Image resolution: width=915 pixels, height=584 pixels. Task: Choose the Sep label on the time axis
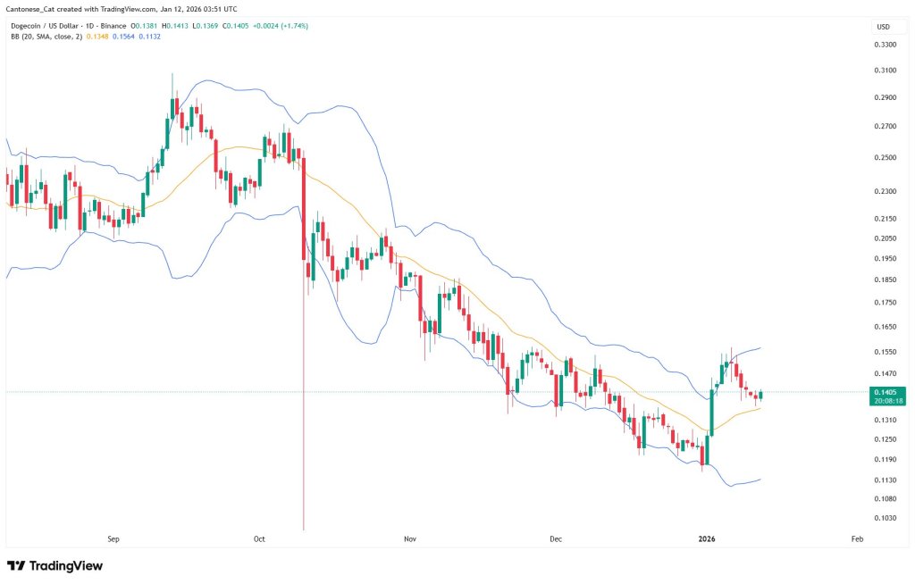(113, 539)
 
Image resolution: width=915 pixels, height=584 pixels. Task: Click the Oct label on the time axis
(260, 539)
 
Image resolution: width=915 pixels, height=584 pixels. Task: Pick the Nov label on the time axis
(410, 539)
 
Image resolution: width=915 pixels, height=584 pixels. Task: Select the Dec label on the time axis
(556, 539)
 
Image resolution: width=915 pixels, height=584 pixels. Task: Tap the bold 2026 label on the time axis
(707, 539)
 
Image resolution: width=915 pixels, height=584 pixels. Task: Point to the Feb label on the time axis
(856, 539)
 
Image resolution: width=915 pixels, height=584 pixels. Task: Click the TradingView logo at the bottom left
(55, 566)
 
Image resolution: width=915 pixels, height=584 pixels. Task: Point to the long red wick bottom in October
(305, 529)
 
